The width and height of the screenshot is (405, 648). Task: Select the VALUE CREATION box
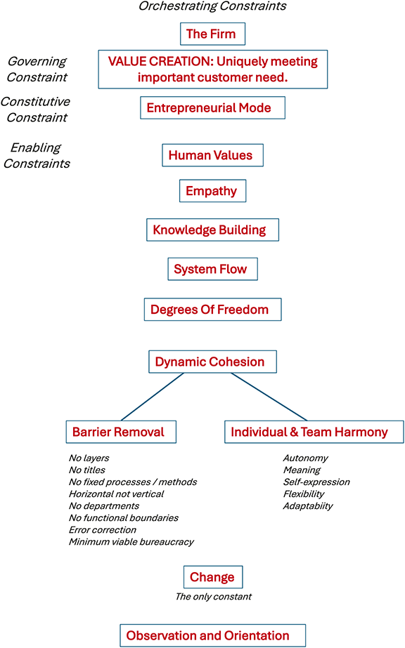pos(212,69)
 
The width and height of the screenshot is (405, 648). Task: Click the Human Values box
pos(212,155)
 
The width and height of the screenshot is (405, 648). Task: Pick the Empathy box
pos(212,191)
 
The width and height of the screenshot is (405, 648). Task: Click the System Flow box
pos(212,269)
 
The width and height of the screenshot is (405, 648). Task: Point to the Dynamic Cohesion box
pos(212,362)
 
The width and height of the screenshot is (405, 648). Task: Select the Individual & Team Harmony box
pos(314,432)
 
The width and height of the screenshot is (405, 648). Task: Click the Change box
pos(212,577)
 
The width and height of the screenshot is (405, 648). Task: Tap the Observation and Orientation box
pos(212,635)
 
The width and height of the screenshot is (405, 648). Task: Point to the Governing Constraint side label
pos(37,69)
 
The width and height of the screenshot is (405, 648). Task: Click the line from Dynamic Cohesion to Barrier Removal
pos(151,397)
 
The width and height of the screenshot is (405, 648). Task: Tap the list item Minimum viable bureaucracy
pos(131,541)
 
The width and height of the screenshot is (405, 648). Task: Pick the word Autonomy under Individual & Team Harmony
pos(305,458)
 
